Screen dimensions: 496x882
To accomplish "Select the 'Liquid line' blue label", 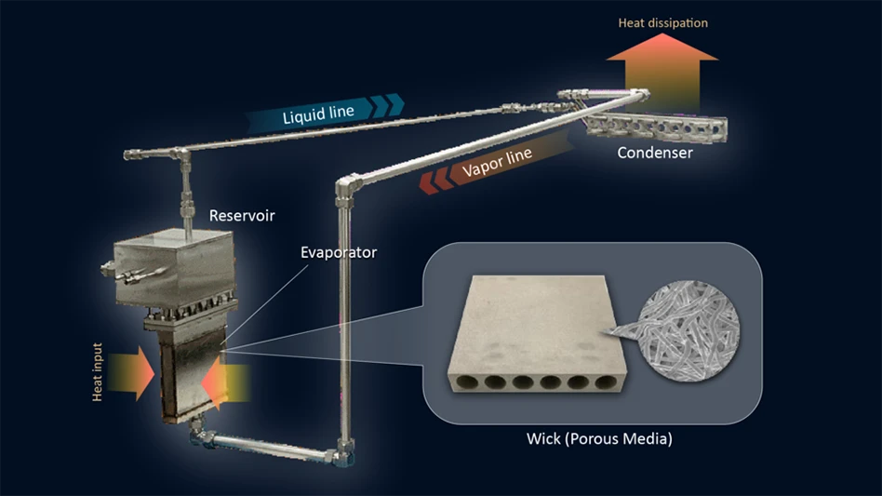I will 317,114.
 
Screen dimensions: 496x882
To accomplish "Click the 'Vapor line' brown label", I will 498,164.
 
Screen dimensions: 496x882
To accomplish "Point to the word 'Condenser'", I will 655,153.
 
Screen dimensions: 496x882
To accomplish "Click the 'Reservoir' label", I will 242,216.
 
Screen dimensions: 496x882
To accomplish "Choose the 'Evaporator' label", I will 338,251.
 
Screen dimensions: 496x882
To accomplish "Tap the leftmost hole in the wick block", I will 474,382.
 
